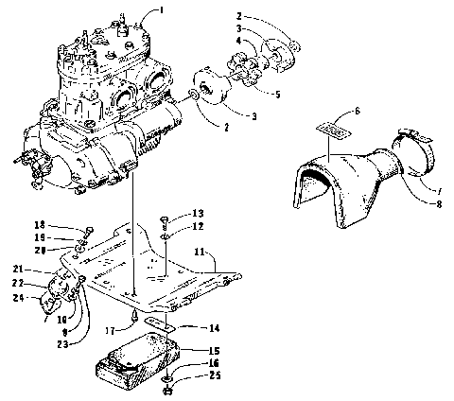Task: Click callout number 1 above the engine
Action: (161, 10)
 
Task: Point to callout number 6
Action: (357, 111)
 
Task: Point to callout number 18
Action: (66, 223)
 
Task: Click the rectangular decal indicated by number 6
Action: (330, 136)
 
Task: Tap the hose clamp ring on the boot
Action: (413, 153)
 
